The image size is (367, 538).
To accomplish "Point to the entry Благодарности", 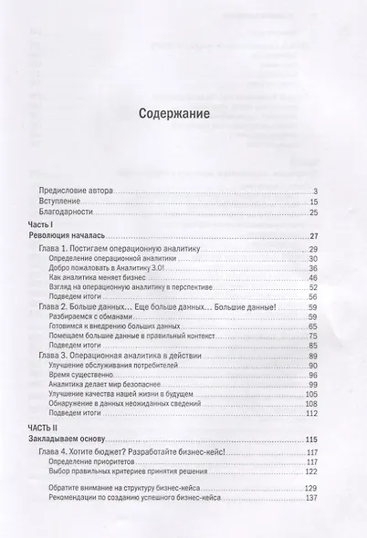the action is [79, 212].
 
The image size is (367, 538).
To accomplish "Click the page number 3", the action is [315, 191].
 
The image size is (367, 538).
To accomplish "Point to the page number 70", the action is [312, 337].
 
